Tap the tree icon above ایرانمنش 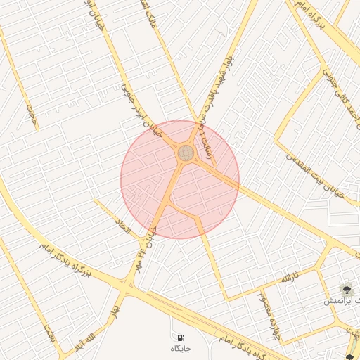click(345, 289)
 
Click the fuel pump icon click(181, 337)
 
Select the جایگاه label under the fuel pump click(181, 349)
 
